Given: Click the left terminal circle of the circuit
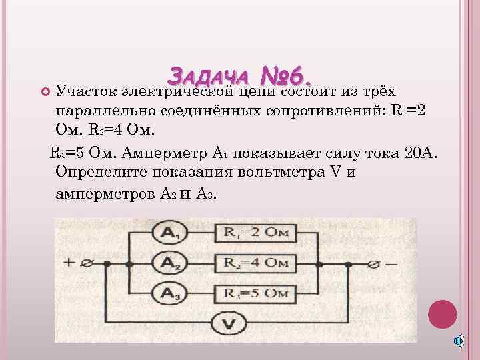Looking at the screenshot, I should tap(85, 264).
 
